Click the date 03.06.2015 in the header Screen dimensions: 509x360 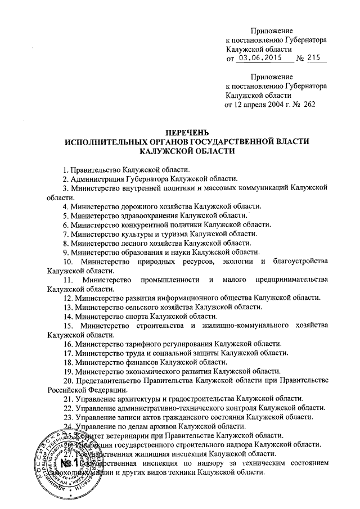pyautogui.click(x=258, y=58)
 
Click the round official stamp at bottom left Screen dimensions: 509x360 pyautogui.click(x=66, y=461)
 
